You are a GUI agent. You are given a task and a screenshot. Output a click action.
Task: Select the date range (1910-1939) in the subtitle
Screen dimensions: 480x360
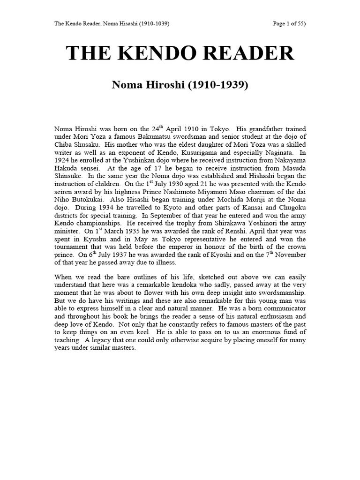tap(215, 86)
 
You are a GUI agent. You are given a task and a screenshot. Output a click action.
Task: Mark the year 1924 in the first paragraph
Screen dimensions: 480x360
tap(63, 160)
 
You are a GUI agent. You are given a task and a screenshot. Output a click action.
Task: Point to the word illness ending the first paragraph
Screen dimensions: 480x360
tap(150, 263)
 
